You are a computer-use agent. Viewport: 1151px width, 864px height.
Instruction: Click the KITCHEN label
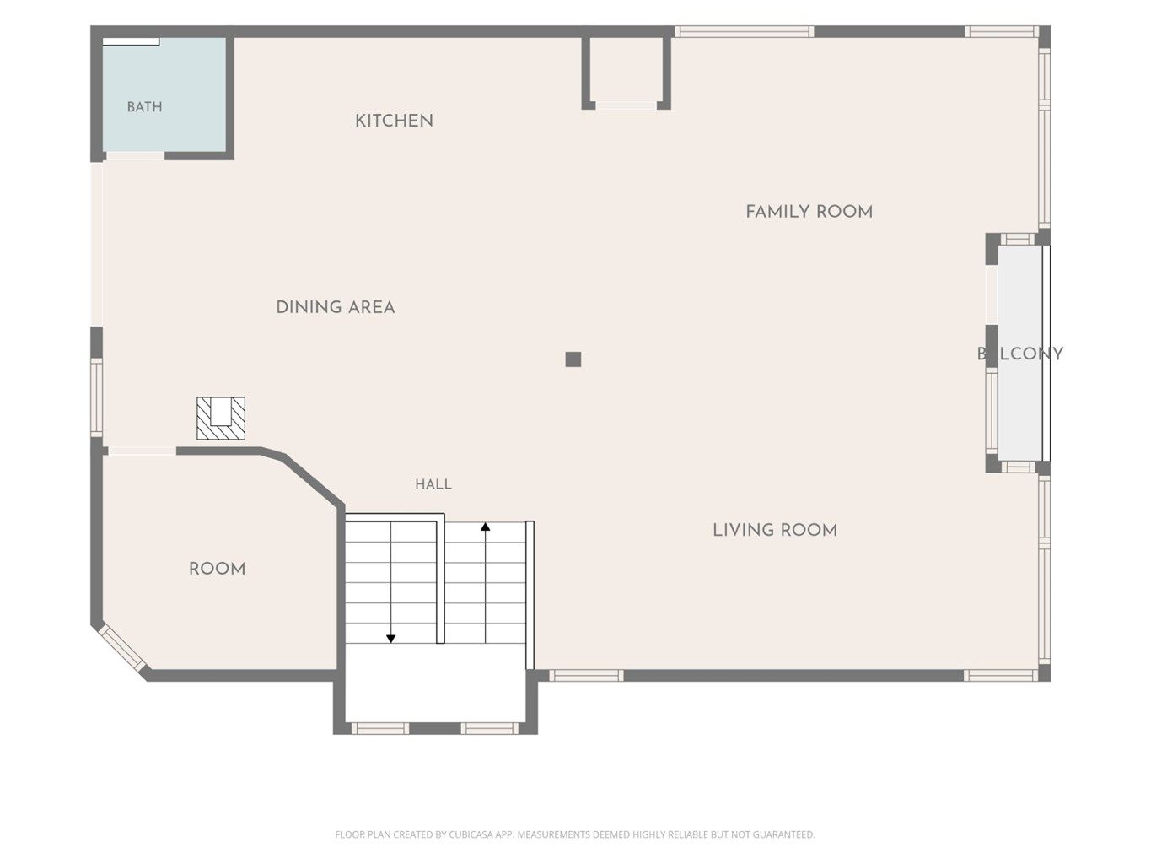point(394,121)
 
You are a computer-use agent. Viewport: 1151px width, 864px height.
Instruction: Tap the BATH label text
point(145,107)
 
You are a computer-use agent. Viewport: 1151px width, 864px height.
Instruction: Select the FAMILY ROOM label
point(809,212)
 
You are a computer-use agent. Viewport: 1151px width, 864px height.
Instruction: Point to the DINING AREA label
point(335,307)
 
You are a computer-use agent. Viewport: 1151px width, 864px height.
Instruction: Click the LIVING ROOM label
point(774,531)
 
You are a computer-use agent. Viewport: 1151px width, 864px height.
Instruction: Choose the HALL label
point(433,484)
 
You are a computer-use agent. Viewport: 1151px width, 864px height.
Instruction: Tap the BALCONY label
point(1020,354)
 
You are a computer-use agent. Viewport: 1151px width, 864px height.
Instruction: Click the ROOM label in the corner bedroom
point(217,570)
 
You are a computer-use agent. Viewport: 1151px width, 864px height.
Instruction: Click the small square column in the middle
point(573,359)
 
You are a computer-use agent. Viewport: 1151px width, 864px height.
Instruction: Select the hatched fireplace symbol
point(221,418)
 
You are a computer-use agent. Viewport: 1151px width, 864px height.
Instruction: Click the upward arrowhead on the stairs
point(486,526)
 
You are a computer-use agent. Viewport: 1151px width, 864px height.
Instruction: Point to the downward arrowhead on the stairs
point(390,639)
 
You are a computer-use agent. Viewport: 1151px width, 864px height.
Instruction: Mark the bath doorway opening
point(135,156)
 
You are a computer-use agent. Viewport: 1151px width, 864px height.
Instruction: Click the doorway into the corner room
point(143,451)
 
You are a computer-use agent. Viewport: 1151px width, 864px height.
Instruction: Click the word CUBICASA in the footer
point(469,834)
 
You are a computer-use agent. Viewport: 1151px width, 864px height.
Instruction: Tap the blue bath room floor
point(164,94)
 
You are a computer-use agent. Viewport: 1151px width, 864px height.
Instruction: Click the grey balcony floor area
point(1019,353)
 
